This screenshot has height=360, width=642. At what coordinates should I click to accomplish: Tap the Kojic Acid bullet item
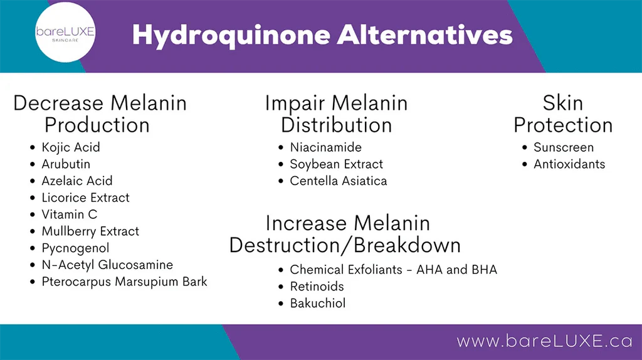tap(71, 147)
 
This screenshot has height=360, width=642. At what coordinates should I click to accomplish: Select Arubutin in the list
tap(66, 164)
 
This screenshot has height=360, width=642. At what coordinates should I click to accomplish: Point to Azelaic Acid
tap(77, 181)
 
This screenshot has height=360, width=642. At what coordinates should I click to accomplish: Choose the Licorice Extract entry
tap(85, 198)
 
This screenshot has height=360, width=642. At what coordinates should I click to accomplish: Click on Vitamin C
tap(70, 214)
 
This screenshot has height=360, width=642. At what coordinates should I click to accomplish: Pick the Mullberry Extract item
tap(90, 231)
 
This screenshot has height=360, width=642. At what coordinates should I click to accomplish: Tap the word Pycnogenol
tap(75, 248)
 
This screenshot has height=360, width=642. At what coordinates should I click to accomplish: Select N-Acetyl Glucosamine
tap(107, 265)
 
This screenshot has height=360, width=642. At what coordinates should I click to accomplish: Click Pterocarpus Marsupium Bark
tap(124, 282)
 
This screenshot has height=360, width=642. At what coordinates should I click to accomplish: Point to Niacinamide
tap(325, 147)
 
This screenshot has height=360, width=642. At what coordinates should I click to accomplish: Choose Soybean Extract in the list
tap(336, 164)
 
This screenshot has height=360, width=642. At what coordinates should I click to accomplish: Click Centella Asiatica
tap(338, 181)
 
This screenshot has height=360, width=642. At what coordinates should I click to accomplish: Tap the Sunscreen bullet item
tap(563, 147)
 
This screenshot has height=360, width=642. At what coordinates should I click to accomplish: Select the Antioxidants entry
tap(569, 164)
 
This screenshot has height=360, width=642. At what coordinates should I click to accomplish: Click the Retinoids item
tap(317, 287)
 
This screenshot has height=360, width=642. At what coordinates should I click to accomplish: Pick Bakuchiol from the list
tap(317, 304)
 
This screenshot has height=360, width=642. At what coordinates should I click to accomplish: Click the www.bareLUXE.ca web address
tap(545, 341)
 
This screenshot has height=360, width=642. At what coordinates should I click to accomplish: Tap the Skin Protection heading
tap(563, 114)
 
